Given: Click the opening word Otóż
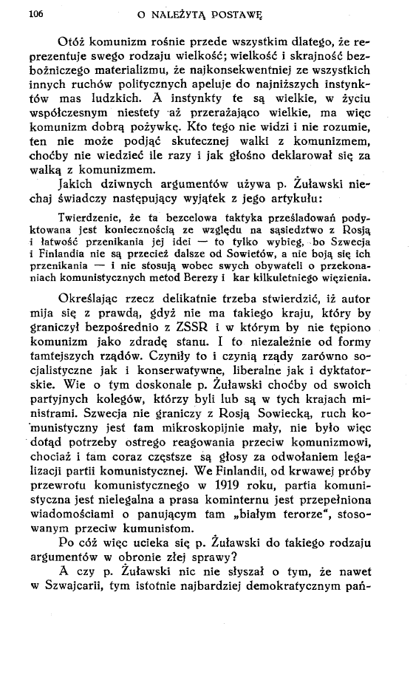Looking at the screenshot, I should click(75, 44).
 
